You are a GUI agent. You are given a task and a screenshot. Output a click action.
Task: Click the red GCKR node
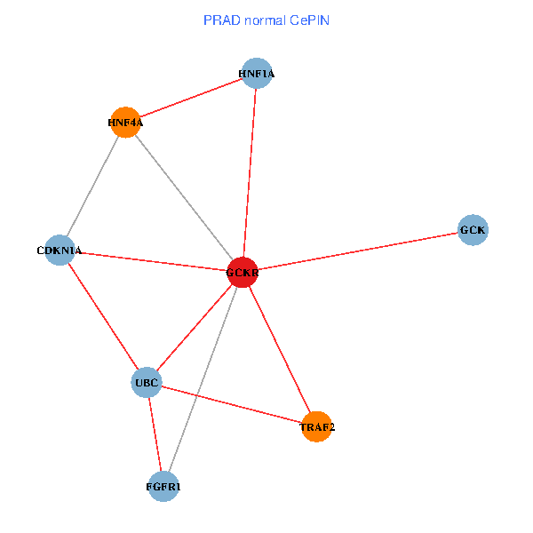click(243, 273)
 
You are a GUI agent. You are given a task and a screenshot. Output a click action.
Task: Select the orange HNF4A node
click(125, 123)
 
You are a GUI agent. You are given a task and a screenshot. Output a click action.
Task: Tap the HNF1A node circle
click(257, 73)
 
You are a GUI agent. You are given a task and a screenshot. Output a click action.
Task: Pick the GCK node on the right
click(473, 230)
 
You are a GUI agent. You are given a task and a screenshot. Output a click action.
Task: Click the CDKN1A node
click(60, 250)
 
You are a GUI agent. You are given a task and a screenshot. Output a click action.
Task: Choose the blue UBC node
click(146, 383)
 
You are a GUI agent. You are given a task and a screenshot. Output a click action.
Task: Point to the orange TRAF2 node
click(316, 426)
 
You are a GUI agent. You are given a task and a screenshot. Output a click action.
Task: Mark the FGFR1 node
click(163, 487)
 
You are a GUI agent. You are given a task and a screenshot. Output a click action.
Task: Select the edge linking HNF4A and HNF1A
click(191, 98)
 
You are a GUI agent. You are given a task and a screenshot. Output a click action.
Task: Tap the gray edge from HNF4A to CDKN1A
click(92, 187)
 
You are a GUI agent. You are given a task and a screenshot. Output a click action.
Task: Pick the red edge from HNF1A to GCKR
click(250, 173)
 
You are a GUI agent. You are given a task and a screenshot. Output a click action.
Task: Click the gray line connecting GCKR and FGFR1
click(203, 379)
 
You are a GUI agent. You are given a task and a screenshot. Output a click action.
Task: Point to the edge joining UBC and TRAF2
click(231, 404)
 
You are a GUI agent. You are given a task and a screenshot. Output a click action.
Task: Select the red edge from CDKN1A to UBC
click(102, 316)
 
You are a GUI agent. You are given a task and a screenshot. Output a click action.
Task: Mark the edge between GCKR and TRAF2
click(279, 349)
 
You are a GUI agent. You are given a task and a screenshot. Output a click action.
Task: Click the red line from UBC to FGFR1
click(155, 435)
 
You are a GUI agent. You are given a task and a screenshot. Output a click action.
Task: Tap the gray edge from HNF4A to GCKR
click(184, 197)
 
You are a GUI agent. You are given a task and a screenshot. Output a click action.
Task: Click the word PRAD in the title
click(219, 19)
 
